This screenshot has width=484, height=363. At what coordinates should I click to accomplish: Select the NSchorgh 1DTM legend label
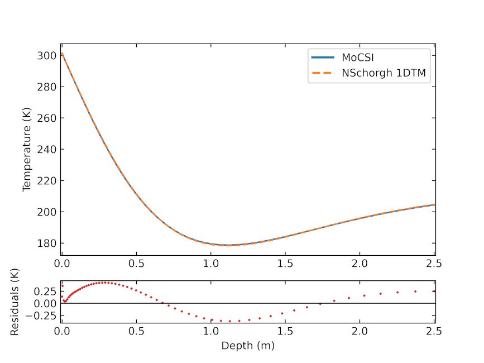(386, 73)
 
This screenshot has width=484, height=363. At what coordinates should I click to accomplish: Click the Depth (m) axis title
(248, 346)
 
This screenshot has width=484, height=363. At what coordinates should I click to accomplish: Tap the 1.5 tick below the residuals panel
(285, 331)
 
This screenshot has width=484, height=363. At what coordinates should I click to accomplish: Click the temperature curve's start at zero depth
(62, 54)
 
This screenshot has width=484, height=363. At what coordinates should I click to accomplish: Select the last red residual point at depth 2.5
(434, 291)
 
